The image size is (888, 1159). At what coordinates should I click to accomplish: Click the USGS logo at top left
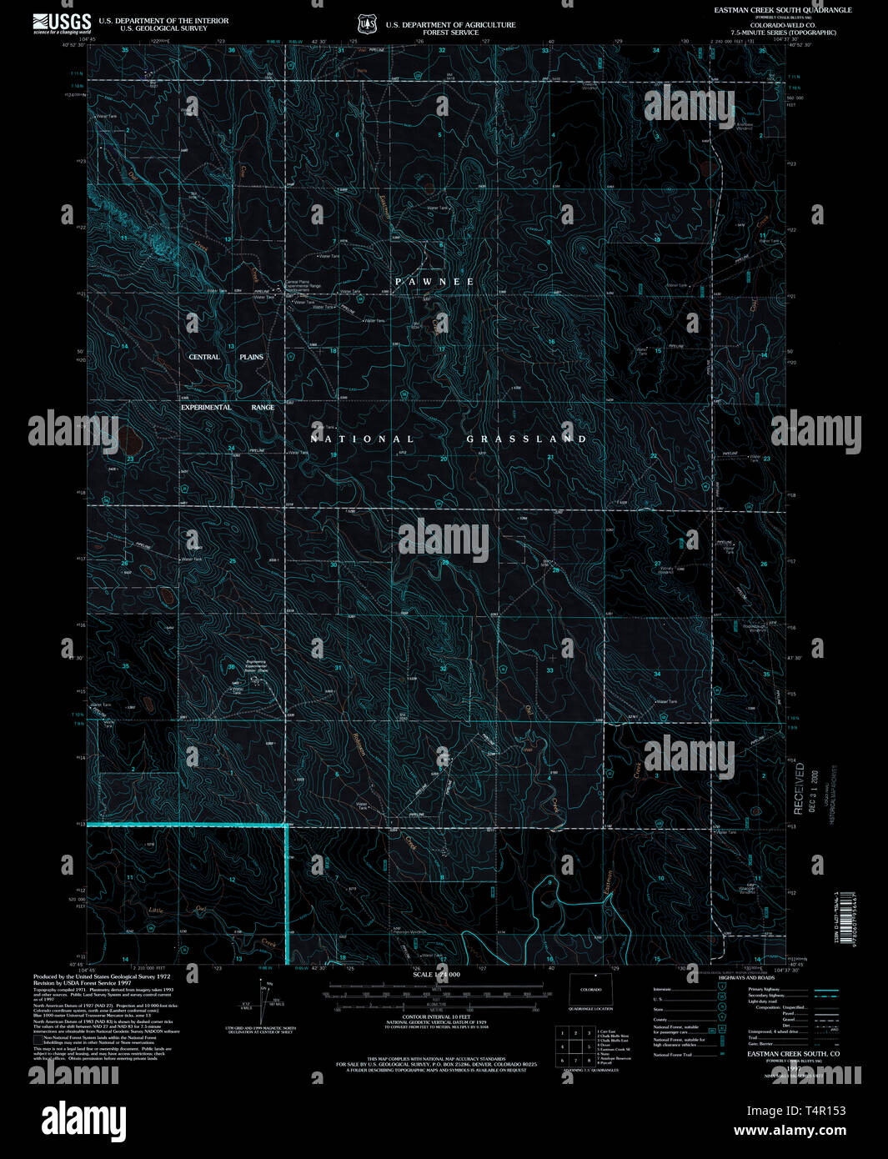pos(62,23)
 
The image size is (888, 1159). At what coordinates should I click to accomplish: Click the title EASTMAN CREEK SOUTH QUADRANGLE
pos(782,10)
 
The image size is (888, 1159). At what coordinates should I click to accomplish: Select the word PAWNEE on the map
pos(434,282)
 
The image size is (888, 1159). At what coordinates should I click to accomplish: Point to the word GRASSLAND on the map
pos(526,439)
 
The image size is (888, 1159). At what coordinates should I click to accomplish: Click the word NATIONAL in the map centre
pos(362,439)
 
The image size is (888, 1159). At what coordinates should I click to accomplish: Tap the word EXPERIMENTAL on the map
pos(206,407)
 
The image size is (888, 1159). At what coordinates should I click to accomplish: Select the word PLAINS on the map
pos(251,357)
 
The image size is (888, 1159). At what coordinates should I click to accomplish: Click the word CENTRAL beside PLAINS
pos(204,357)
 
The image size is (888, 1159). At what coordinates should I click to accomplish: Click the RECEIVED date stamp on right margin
pos(804,788)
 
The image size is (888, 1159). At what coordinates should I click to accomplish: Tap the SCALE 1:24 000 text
pos(436,974)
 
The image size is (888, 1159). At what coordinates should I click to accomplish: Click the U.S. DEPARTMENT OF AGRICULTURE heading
pos(450,25)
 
